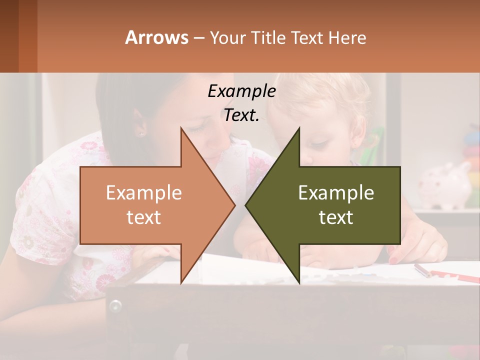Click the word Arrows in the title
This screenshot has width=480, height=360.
click(156, 37)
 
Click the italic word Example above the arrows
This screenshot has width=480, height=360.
click(241, 91)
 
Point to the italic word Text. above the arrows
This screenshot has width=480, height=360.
click(241, 115)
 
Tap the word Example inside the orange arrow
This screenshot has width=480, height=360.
click(144, 193)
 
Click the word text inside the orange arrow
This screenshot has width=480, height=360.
click(144, 217)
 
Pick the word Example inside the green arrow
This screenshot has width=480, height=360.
click(336, 193)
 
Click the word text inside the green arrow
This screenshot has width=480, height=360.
click(336, 217)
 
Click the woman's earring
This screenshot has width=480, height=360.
click(140, 134)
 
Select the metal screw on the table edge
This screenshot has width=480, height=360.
click(115, 305)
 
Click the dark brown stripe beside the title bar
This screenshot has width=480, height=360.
click(9, 36)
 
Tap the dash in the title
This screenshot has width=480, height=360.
click(198, 38)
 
